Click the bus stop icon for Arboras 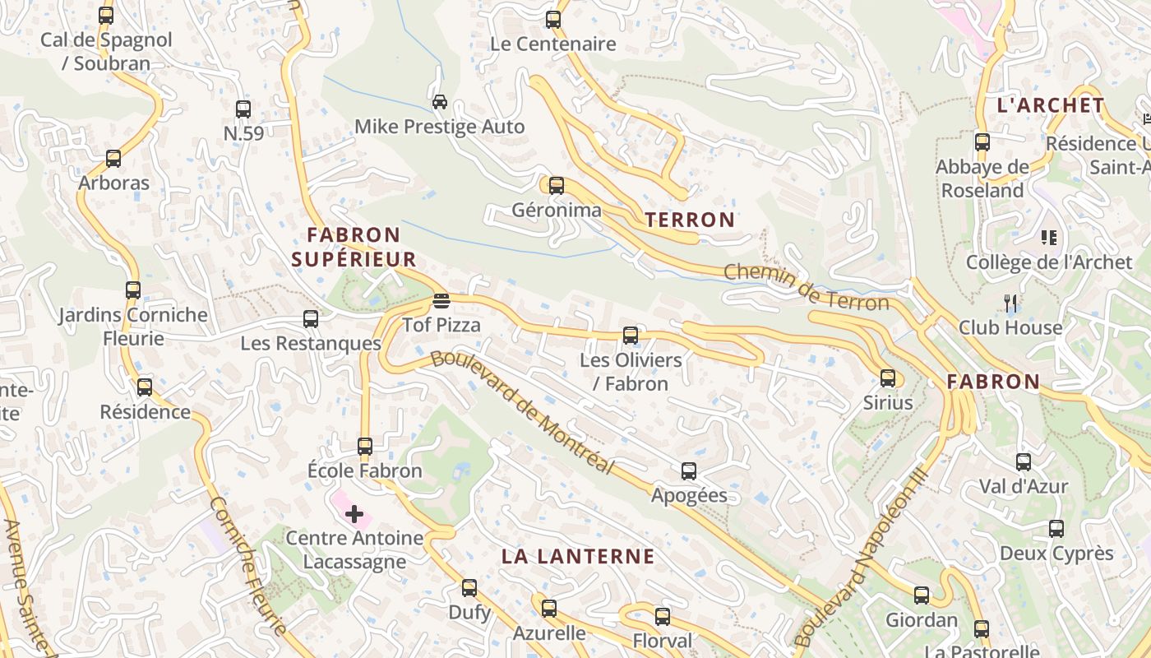click(113, 159)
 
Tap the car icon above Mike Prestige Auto click(440, 102)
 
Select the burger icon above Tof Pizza click(441, 300)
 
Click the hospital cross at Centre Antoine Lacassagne click(354, 515)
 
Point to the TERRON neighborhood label click(690, 220)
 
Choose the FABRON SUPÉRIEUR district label click(354, 248)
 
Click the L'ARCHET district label click(1050, 105)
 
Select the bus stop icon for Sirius click(888, 378)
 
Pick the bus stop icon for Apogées click(689, 471)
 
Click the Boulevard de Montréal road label click(523, 412)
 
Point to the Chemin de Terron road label click(807, 287)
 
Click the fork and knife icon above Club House click(1011, 303)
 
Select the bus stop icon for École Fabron click(365, 447)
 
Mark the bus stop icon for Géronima click(557, 185)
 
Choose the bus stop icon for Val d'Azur click(1024, 462)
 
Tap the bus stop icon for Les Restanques click(311, 319)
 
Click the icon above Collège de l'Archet click(1049, 238)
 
